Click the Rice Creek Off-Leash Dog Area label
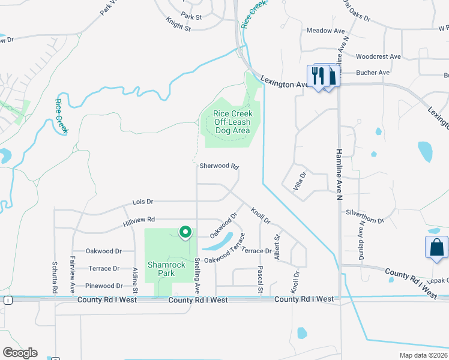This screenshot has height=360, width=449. coord(233,122)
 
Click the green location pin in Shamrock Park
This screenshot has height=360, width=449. coord(185,231)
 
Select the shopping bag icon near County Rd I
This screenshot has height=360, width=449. coord(436,248)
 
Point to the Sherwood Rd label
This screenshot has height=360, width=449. coord(219,166)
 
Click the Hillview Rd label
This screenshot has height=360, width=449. coord(139,221)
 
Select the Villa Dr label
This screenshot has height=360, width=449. coord(300,182)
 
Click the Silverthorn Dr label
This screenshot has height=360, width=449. coord(364,217)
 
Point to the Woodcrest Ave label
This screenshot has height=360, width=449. coord(378,56)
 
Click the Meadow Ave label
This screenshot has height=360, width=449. coord(325,30)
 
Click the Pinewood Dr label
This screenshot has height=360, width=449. coord(104,286)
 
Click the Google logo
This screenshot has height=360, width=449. coord(20,353)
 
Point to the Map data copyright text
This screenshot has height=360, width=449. coord(423,355)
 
